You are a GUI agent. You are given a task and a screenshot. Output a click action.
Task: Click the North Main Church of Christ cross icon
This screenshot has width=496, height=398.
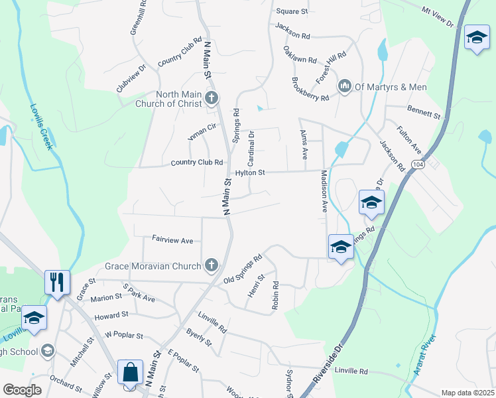pyautogui.click(x=212, y=99)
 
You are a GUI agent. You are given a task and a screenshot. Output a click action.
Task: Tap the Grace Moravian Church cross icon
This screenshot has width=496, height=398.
pyautogui.click(x=212, y=266)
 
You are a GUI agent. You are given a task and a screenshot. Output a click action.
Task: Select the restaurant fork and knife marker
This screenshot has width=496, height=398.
pyautogui.click(x=57, y=282)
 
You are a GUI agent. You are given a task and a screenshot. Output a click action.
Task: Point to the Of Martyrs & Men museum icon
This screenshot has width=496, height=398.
pyautogui.click(x=345, y=87)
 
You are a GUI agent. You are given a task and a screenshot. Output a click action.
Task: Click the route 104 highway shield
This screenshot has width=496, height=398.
pyautogui.click(x=417, y=163)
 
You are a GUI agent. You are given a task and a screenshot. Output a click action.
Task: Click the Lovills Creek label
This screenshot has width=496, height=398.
pyautogui.click(x=40, y=126)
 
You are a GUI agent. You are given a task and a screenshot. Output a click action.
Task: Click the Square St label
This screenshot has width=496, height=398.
pyautogui.click(x=292, y=12)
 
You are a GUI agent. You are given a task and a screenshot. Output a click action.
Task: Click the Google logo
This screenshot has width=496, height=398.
pyautogui.click(x=23, y=390)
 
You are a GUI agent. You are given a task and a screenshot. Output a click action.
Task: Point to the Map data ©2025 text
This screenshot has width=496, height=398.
pyautogui.click(x=467, y=393)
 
